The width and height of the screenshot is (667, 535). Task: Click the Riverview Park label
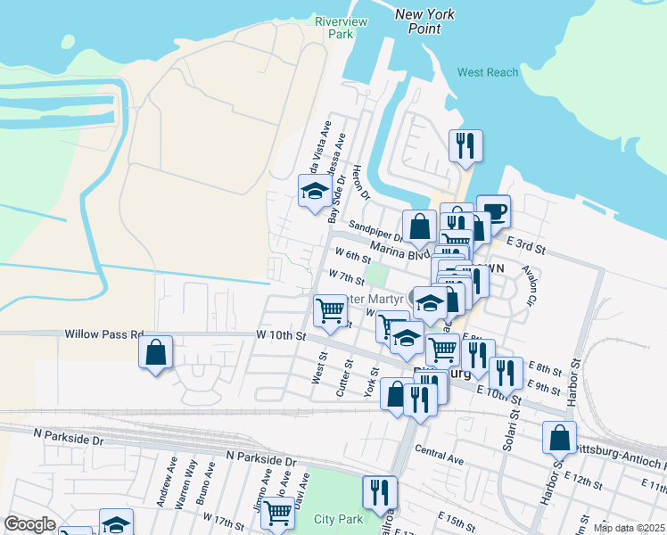pos(334,27)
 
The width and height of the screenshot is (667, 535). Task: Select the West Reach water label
pos(488,72)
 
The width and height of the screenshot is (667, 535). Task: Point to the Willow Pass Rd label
pos(103,335)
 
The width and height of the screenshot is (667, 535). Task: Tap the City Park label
pos(338,519)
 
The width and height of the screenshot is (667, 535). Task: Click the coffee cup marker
pos(494,211)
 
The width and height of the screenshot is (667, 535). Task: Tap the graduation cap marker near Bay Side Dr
pos(314,191)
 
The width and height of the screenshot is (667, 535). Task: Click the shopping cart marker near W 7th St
pos(331,310)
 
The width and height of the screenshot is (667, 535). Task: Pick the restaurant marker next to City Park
pos(380,491)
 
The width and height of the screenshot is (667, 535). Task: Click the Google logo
pos(29,524)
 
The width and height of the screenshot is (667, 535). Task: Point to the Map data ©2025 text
pos(628,528)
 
